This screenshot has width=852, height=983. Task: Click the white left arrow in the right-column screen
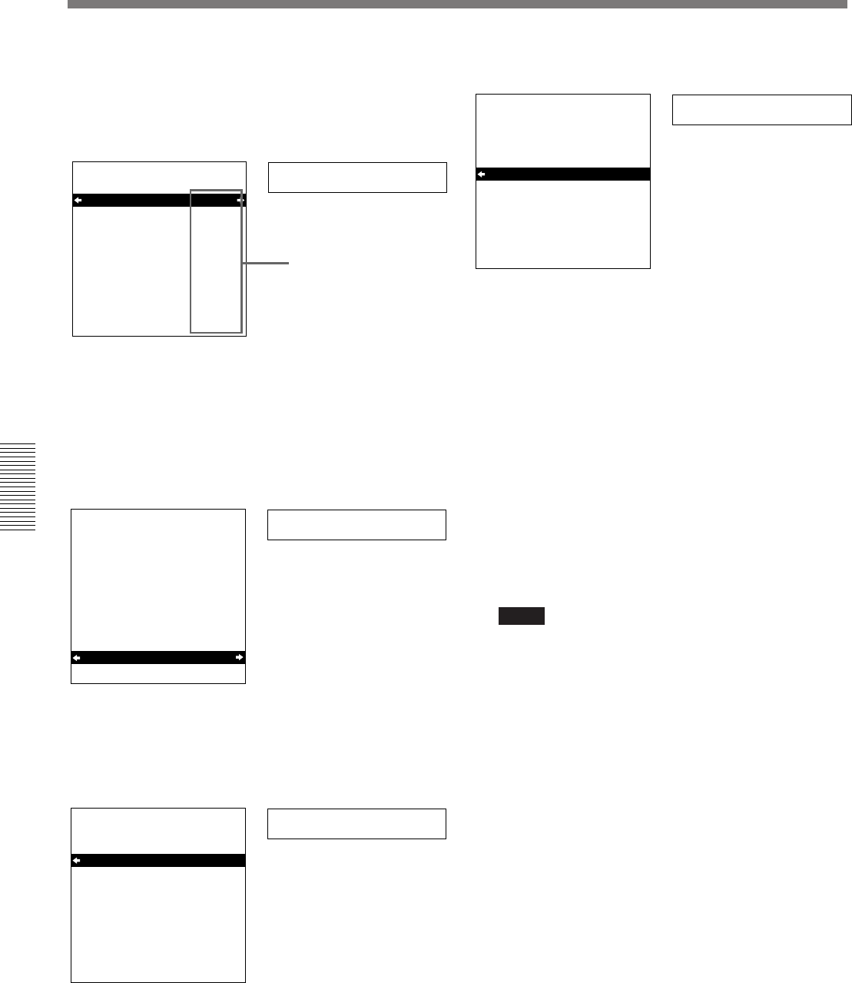(x=481, y=174)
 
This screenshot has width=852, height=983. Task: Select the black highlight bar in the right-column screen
(x=563, y=174)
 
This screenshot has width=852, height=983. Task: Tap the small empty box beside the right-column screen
(x=761, y=110)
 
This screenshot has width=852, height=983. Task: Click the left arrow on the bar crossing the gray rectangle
(x=78, y=201)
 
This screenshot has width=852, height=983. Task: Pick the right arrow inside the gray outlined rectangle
(x=240, y=201)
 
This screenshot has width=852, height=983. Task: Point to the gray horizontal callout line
(x=266, y=264)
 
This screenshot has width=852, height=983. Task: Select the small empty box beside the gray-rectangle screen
(x=357, y=177)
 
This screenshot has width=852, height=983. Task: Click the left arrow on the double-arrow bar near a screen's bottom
(x=76, y=657)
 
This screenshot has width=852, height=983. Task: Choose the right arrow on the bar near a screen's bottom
(x=240, y=657)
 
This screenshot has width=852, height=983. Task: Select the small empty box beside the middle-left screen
(x=356, y=524)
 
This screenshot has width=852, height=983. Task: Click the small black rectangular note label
(x=521, y=616)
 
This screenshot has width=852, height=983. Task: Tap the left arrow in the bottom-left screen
(x=76, y=861)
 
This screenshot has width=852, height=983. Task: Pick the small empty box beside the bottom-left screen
(x=356, y=823)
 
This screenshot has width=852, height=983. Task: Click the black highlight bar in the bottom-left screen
(x=157, y=861)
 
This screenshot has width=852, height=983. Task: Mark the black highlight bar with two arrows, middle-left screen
(x=157, y=657)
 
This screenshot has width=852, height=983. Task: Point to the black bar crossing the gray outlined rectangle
(x=131, y=201)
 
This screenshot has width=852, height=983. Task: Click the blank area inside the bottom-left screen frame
(x=157, y=922)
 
